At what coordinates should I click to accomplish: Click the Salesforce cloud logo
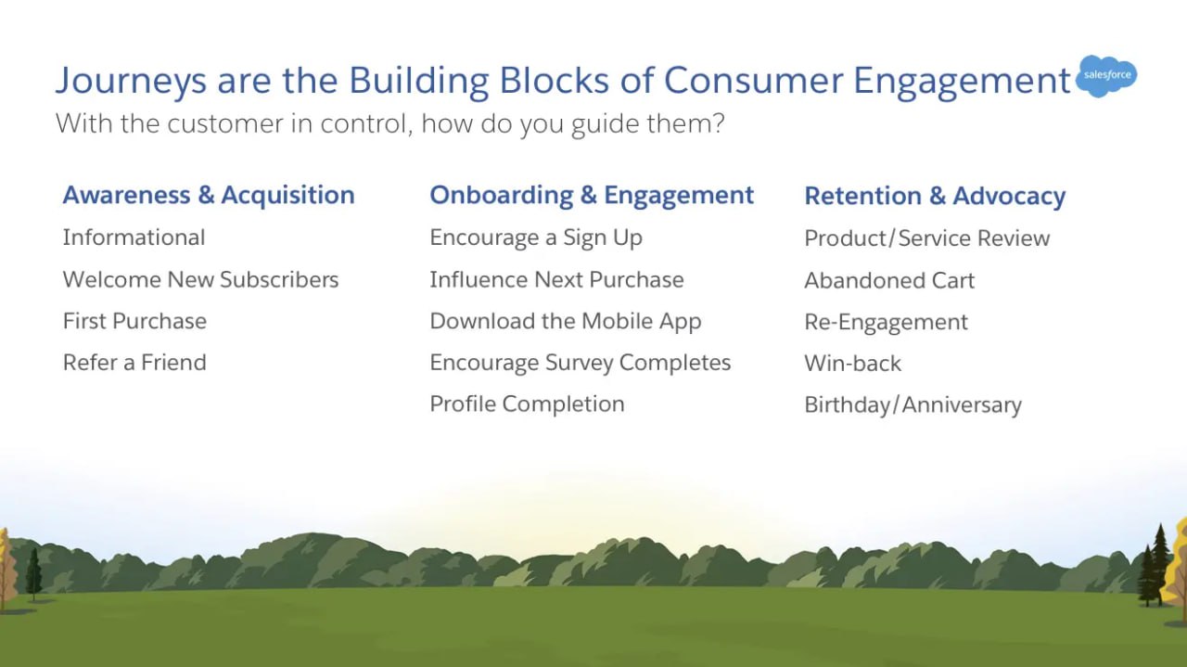(x=1106, y=76)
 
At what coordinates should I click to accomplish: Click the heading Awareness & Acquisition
(x=209, y=195)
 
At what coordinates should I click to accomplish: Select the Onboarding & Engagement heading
(x=592, y=196)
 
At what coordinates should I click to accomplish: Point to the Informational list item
(x=134, y=237)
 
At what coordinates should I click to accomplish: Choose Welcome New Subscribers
(x=200, y=279)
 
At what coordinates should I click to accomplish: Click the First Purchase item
(x=134, y=321)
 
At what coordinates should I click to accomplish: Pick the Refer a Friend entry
(x=134, y=363)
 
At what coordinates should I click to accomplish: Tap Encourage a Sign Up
(x=536, y=238)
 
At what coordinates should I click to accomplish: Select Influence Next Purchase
(x=556, y=279)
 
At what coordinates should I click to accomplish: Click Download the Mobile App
(x=566, y=322)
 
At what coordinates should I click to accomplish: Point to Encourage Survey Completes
(x=581, y=364)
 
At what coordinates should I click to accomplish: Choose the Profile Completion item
(x=527, y=405)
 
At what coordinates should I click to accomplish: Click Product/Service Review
(x=926, y=238)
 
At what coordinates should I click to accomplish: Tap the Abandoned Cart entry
(x=889, y=280)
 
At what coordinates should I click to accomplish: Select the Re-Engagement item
(x=886, y=323)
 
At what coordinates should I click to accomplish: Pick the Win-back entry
(x=852, y=364)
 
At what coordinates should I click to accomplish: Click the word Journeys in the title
(x=131, y=81)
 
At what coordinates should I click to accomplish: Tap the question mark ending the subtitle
(x=718, y=123)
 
